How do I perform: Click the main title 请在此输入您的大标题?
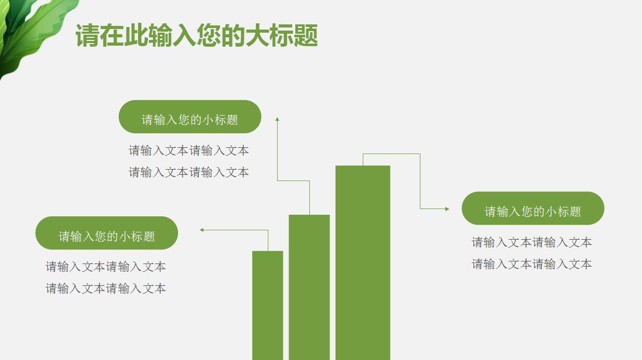coord(197,36)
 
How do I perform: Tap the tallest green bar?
coord(362,262)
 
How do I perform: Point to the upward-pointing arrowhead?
coord(277,119)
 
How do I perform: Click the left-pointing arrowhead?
coord(202,230)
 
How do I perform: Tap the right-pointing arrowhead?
coord(447,209)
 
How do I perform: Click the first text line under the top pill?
coord(189,150)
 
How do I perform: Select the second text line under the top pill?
coord(189,172)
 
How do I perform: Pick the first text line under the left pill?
coord(106,267)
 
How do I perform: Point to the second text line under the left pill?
coord(106,288)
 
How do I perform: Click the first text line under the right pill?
coord(531,242)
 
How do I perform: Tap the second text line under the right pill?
coord(531,264)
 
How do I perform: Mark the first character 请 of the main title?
coord(88,36)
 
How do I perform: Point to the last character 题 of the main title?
coord(306,36)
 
